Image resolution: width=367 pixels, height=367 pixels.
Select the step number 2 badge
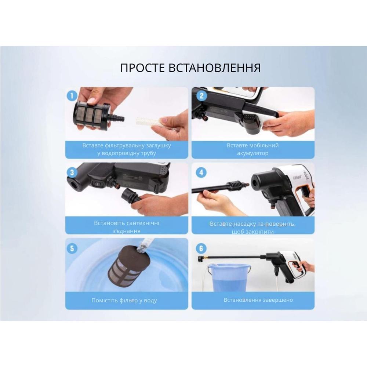pos(201,96)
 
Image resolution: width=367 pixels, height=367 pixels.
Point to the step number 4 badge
pos(201,172)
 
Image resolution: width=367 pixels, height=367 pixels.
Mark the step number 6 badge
pos(201,248)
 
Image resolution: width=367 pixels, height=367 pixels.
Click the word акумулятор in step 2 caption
pos(253,153)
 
